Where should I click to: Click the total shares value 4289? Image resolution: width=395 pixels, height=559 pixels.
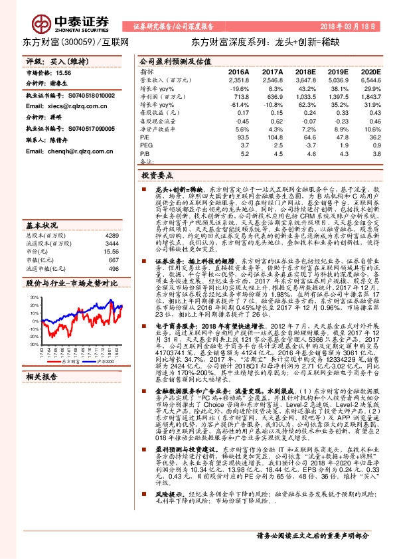point(112,236)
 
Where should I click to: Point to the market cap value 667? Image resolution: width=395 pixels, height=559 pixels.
point(113,260)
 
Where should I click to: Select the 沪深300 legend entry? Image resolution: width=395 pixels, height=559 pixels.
point(105,362)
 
